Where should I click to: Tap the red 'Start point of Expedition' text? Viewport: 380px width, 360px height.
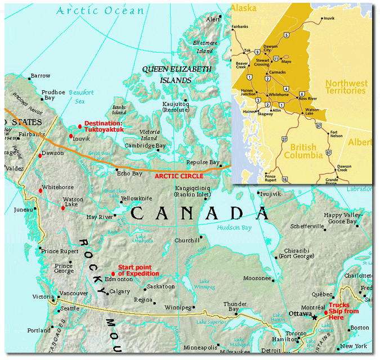(138, 271)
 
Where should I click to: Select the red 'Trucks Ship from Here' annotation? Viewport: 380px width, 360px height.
(343, 311)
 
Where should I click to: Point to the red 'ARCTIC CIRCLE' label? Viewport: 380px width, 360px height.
(179, 175)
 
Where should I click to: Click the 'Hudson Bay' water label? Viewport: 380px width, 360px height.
(234, 227)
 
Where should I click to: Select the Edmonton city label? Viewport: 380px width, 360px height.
(119, 279)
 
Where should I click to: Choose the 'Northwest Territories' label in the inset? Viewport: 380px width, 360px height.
(346, 87)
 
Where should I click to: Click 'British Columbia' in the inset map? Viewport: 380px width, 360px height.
(307, 151)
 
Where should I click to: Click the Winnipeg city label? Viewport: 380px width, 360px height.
(177, 308)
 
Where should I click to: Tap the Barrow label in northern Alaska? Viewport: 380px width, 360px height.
(41, 76)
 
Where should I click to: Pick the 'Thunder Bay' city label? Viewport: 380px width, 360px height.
(237, 306)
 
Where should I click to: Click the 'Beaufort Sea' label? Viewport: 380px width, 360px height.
(81, 96)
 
